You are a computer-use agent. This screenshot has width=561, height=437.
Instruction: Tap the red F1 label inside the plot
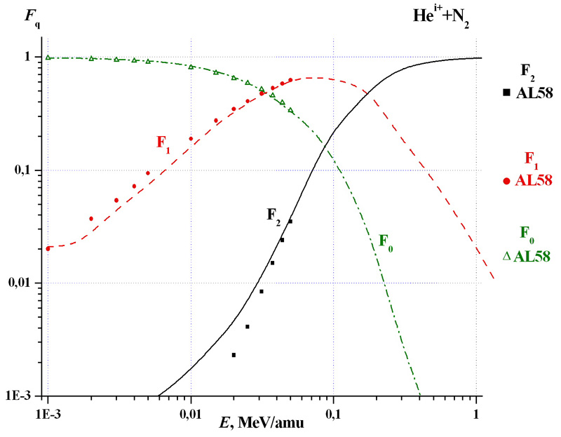click(164, 142)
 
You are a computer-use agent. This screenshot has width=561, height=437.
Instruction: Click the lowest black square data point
click(234, 355)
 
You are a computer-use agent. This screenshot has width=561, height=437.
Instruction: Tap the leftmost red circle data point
click(48, 248)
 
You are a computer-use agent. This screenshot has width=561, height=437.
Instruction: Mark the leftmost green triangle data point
click(48, 58)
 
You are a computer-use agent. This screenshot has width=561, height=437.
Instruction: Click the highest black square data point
click(290, 222)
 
